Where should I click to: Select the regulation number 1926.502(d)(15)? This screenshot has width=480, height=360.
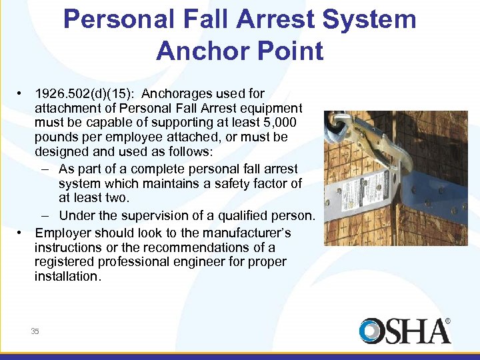click(x=83, y=93)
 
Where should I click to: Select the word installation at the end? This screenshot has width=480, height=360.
click(x=67, y=277)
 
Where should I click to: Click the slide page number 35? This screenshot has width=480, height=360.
click(x=35, y=331)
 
